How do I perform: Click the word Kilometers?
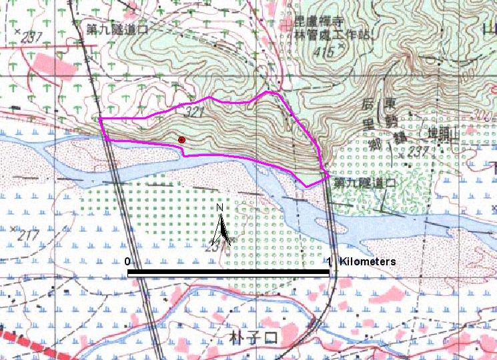point(368,261)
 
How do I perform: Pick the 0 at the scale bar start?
point(127,261)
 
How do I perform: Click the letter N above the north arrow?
point(220,207)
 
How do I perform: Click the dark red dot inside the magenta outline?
point(181,139)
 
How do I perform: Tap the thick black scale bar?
point(228,273)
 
